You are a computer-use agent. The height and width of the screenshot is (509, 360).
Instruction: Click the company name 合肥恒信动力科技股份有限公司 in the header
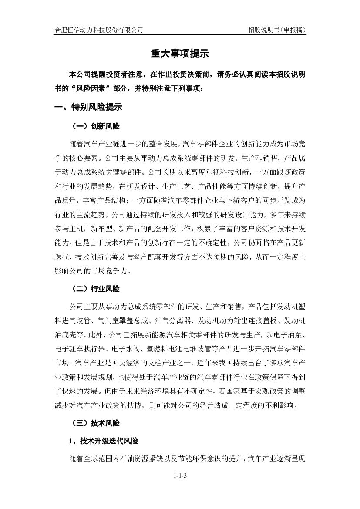pyautogui.click(x=98, y=30)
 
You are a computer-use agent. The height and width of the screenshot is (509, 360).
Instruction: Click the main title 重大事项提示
pyautogui.click(x=180, y=54)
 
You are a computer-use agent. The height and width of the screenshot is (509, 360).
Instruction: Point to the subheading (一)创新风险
pyautogui.click(x=96, y=127)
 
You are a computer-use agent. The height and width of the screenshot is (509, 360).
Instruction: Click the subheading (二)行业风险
pyautogui.click(x=96, y=289)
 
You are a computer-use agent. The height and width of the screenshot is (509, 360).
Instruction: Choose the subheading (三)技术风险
pyautogui.click(x=96, y=423)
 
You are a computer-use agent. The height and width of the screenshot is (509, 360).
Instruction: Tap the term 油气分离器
pyautogui.click(x=178, y=321)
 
